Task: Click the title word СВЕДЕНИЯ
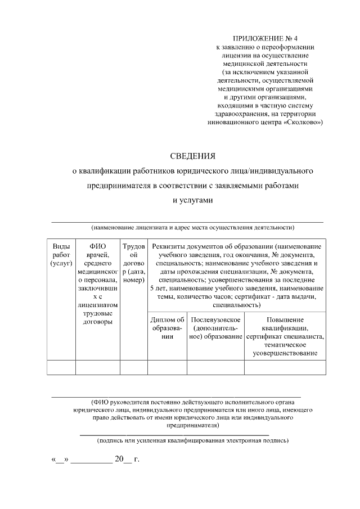[x=193, y=155]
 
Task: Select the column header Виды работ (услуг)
[x=61, y=255]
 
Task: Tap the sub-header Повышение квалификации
[x=285, y=336]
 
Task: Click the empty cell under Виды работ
[x=61, y=367]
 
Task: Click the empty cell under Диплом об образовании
[x=167, y=367]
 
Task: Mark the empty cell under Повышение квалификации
[x=285, y=367]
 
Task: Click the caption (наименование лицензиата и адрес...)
[x=193, y=228]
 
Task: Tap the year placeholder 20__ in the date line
[x=123, y=460]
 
